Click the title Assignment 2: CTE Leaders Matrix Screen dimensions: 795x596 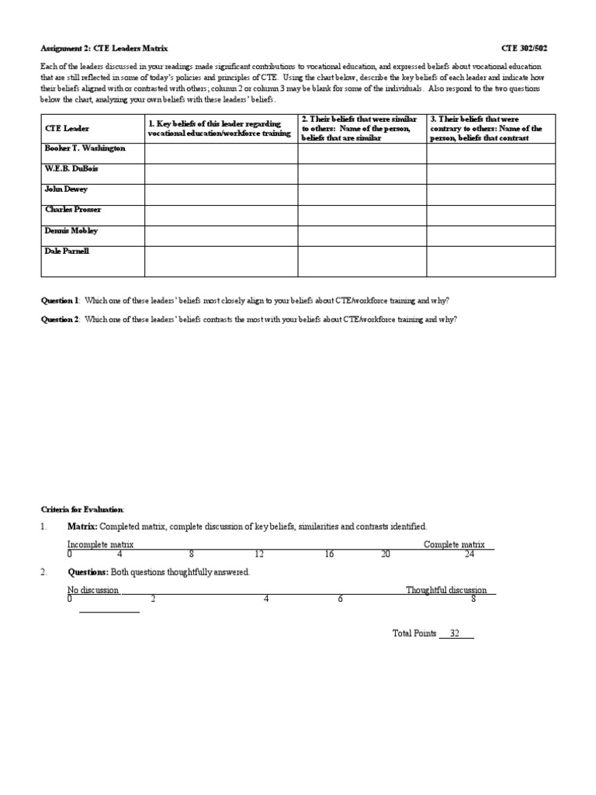(x=104, y=48)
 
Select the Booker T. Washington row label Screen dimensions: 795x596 (x=85, y=148)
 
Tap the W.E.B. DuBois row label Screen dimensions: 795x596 (x=71, y=168)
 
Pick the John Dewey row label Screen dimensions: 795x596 (x=67, y=189)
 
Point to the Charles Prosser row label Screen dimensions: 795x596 (x=73, y=210)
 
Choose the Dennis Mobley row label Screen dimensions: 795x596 (x=71, y=231)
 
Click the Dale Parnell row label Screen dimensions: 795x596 (x=68, y=251)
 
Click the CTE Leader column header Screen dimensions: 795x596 (x=67, y=128)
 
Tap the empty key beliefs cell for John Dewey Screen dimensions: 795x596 (x=220, y=194)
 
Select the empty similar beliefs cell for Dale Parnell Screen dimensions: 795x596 (x=362, y=262)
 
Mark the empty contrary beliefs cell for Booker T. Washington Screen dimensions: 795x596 (x=490, y=153)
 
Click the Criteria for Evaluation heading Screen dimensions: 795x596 (x=82, y=509)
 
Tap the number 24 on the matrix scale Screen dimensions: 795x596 (x=470, y=554)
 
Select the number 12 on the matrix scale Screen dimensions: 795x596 (x=260, y=554)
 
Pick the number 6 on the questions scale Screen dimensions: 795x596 (x=340, y=599)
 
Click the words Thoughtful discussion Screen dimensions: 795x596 (x=446, y=590)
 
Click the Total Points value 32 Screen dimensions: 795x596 (x=456, y=634)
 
